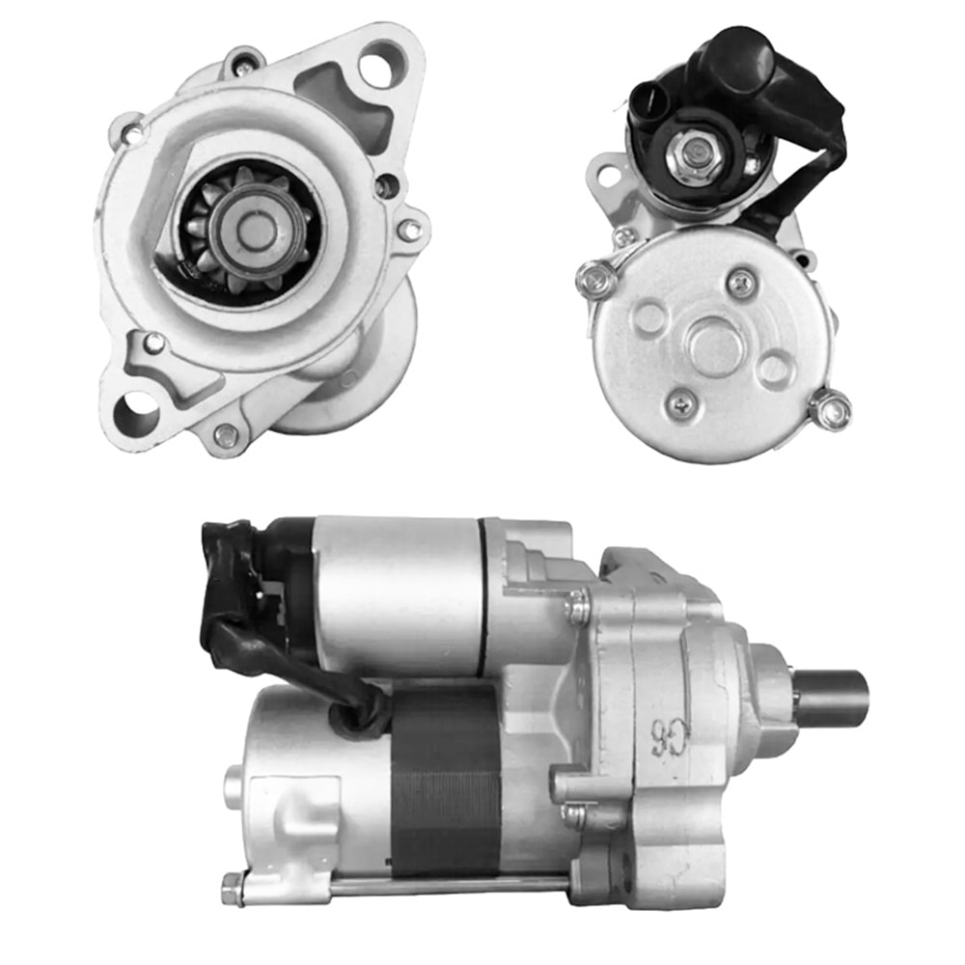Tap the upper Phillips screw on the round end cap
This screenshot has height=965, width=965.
click(741, 283)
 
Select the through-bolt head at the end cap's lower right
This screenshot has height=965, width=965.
click(830, 409)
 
